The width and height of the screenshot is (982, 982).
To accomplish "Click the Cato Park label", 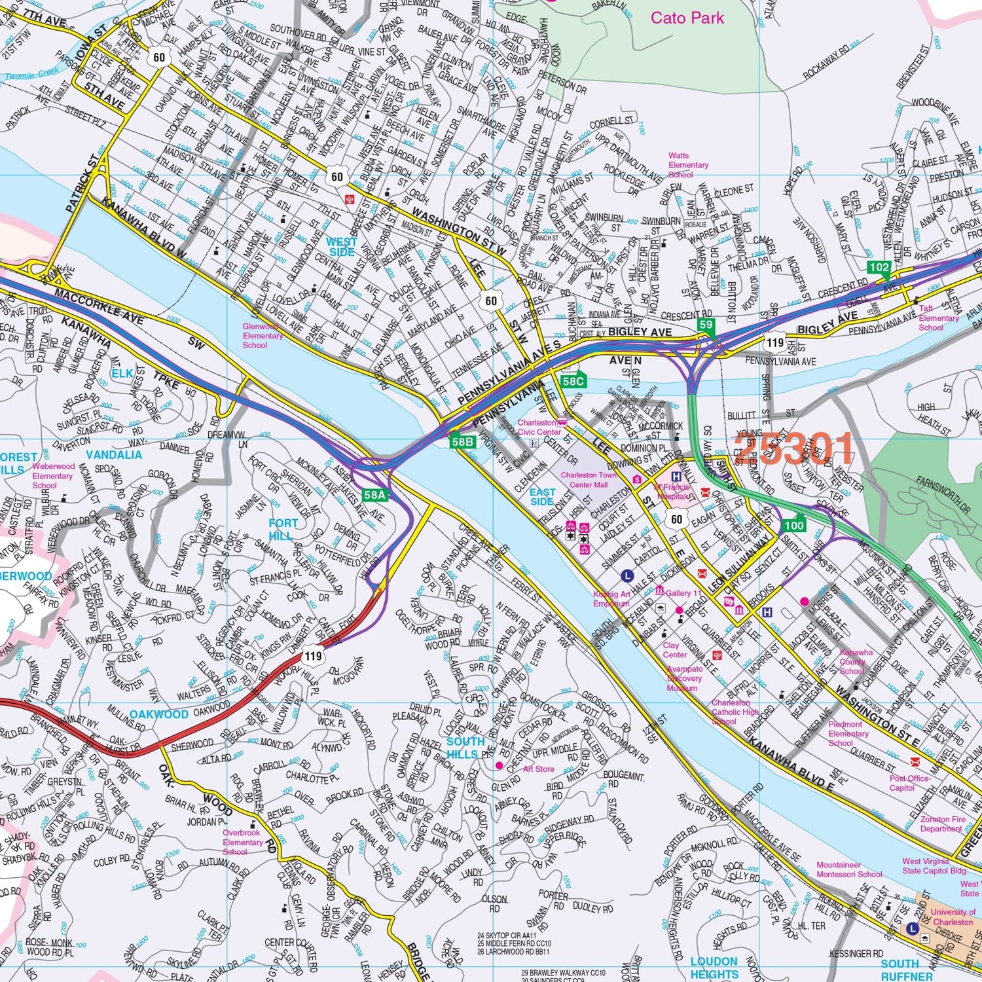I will (687, 18).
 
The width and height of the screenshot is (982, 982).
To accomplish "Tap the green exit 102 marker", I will (879, 267).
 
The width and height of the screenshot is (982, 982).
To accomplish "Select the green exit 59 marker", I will (705, 325).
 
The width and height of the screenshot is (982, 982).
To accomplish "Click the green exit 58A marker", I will (375, 496).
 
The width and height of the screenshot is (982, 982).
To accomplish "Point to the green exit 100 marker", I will (793, 525).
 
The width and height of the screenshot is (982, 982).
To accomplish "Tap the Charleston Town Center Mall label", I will (587, 480).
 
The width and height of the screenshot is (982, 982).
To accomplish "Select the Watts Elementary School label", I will (688, 165).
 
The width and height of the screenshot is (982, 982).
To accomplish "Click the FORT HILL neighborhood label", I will (283, 529).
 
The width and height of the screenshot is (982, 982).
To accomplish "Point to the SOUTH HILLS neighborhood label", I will (465, 748).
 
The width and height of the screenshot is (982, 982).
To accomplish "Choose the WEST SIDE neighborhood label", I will (341, 247).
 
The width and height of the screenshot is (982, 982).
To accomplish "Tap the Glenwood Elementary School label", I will (263, 336).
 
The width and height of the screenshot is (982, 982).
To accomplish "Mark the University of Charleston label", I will (953, 917).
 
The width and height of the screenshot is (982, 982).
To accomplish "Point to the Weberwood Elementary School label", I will (52, 476).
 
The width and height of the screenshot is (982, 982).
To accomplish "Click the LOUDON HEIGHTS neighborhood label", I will (714, 968).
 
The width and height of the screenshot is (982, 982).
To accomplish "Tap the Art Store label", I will (538, 769).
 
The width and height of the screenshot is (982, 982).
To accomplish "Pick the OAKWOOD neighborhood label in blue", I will (158, 714).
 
